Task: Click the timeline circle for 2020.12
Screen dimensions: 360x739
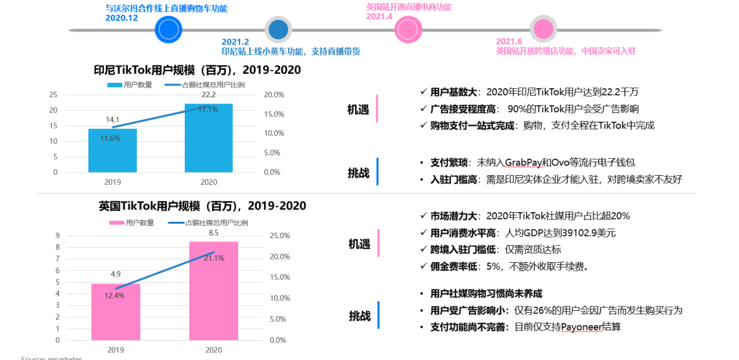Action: pyautogui.click(x=169, y=29)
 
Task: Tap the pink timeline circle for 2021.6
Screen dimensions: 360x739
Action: pyautogui.click(x=543, y=29)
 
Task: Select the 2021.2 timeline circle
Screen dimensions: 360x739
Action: pyautogui.click(x=278, y=29)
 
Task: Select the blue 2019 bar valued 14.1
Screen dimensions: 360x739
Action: pyautogui.click(x=112, y=150)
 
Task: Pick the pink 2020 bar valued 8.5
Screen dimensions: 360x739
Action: pyautogui.click(x=213, y=290)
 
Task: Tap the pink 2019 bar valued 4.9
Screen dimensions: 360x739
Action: pyautogui.click(x=116, y=311)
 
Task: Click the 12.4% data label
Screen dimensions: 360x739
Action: pyautogui.click(x=115, y=296)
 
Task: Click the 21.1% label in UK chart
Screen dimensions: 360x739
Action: pyautogui.click(x=213, y=258)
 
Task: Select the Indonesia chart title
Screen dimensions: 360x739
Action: pyautogui.click(x=197, y=70)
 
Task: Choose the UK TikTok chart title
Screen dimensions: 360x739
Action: pyautogui.click(x=202, y=205)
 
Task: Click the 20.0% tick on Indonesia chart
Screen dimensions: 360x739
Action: pyautogui.click(x=273, y=94)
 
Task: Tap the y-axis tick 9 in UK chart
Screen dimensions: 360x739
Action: pyautogui.click(x=58, y=235)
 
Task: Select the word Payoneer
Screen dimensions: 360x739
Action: pyautogui.click(x=581, y=327)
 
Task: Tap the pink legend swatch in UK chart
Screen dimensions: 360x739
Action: pyautogui.click(x=116, y=222)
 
